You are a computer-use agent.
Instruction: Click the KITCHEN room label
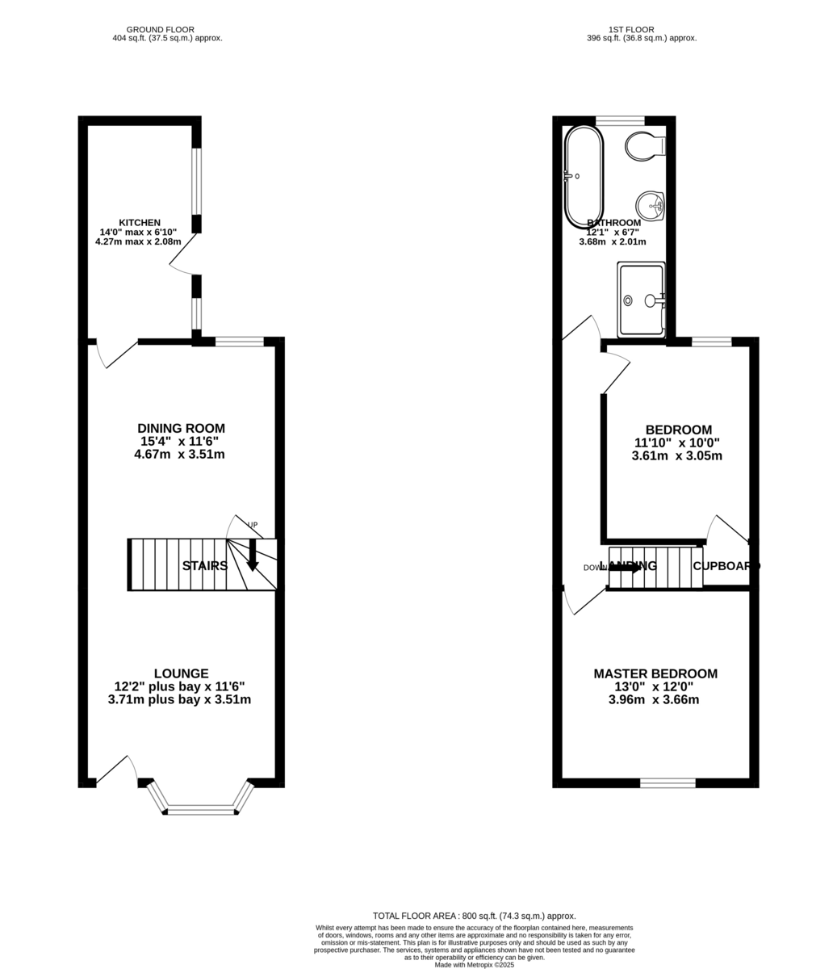tap(140, 223)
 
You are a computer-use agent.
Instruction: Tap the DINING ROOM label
tap(181, 429)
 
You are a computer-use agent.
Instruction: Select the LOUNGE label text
tap(181, 673)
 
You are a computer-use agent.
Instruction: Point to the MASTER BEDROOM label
tap(655, 673)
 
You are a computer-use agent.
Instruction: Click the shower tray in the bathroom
tap(641, 300)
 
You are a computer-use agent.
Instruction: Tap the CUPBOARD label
tap(726, 566)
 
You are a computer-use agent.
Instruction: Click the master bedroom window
tap(668, 782)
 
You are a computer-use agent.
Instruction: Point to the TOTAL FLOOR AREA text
tap(474, 916)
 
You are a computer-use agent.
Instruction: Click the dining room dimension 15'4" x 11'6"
tap(179, 442)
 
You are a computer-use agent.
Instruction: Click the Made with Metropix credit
tap(474, 964)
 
